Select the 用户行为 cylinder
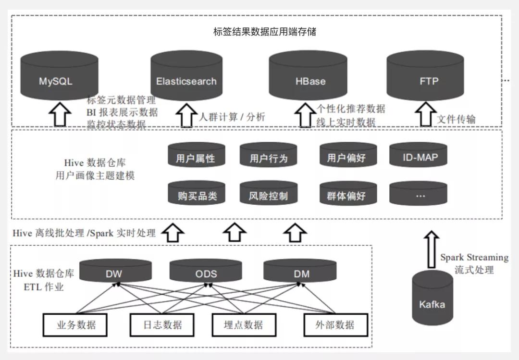coord(269,155)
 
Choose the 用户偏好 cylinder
coord(348,155)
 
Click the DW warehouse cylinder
coord(114,271)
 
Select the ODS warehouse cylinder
coord(206,271)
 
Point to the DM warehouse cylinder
coord(301,271)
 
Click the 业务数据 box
coord(76,325)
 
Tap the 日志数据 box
coord(163,325)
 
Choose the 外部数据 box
coord(335,325)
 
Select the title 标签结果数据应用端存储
coord(265,32)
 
